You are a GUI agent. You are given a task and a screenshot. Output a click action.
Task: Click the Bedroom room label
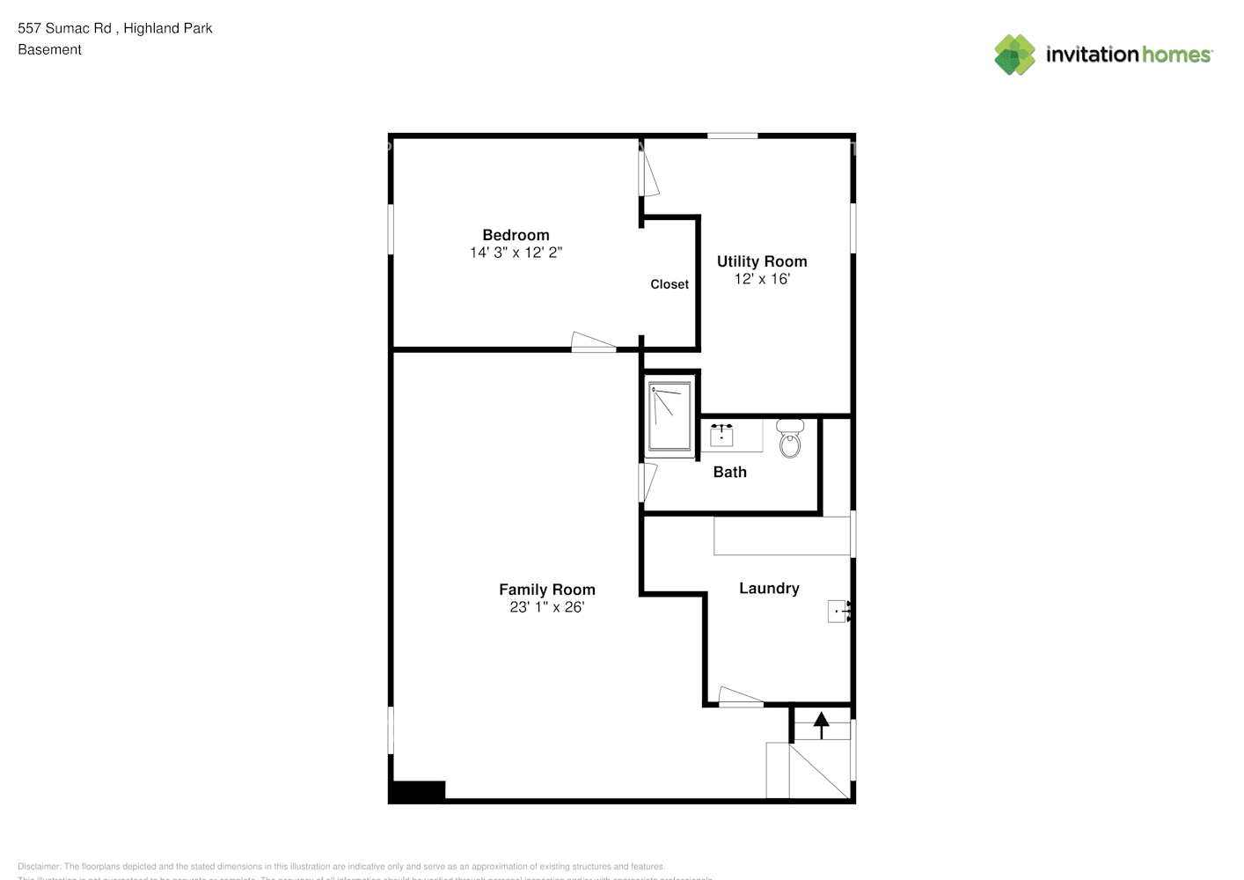click(516, 235)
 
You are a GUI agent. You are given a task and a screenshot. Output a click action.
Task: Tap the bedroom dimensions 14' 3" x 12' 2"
click(516, 253)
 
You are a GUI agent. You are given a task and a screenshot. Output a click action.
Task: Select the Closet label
click(670, 284)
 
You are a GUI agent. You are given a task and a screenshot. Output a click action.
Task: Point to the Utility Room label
click(762, 261)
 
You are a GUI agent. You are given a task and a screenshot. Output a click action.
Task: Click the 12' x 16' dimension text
click(762, 279)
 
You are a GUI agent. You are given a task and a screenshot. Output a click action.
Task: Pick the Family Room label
click(547, 590)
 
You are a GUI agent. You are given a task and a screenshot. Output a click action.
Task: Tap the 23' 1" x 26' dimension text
click(547, 607)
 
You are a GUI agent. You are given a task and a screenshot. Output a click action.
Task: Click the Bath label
click(729, 473)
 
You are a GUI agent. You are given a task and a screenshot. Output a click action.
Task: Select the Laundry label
click(769, 589)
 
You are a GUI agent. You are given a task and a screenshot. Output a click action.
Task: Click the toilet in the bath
click(790, 439)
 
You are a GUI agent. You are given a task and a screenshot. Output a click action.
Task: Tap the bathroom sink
click(721, 435)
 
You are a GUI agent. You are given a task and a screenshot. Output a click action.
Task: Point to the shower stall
click(670, 415)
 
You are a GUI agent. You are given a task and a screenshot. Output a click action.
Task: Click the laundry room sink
click(838, 611)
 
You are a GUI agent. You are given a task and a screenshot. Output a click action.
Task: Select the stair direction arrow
click(821, 724)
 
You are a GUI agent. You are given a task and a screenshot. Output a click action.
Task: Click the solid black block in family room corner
click(418, 790)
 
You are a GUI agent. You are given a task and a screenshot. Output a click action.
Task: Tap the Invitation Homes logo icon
click(1014, 55)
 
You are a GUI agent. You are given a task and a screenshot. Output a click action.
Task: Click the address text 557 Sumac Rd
click(65, 28)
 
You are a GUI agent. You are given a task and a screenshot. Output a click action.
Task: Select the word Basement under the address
click(49, 50)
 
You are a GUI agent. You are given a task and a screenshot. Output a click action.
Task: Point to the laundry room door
click(741, 698)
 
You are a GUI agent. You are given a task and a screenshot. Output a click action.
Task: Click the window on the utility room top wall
click(732, 136)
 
